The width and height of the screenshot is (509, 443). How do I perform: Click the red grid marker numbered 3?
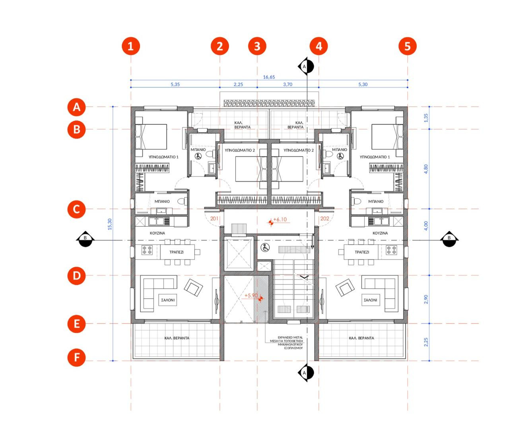coord(257,46)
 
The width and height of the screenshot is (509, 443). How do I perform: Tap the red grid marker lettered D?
coord(77,276)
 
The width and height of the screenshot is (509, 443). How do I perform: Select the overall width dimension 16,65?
coord(269,77)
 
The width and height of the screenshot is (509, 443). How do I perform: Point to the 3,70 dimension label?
coord(288,85)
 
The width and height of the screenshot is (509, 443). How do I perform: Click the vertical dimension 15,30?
coord(110,224)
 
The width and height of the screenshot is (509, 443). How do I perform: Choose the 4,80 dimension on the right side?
coord(426,169)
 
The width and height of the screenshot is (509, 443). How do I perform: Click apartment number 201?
coord(214,219)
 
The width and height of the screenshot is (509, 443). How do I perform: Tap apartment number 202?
coord(324,219)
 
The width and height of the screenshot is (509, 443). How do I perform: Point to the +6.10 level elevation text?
coord(280,220)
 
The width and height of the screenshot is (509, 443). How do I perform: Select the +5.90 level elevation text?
coord(251,295)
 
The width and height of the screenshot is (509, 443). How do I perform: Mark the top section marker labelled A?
coord(306,66)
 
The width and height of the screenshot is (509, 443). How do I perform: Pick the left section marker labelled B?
coord(85,239)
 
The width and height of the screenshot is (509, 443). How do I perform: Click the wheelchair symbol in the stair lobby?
coord(265,247)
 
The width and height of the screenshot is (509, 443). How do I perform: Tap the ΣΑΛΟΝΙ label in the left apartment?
coord(168,300)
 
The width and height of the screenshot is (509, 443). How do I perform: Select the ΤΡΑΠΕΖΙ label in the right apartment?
coord(362,252)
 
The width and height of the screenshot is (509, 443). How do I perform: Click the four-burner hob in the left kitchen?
coord(147,250)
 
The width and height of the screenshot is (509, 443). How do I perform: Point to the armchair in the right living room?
coord(345,288)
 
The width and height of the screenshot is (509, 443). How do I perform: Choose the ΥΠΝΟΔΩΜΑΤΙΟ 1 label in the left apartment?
coord(163,157)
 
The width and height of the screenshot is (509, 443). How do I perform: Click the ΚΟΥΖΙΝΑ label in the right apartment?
coord(380,233)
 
